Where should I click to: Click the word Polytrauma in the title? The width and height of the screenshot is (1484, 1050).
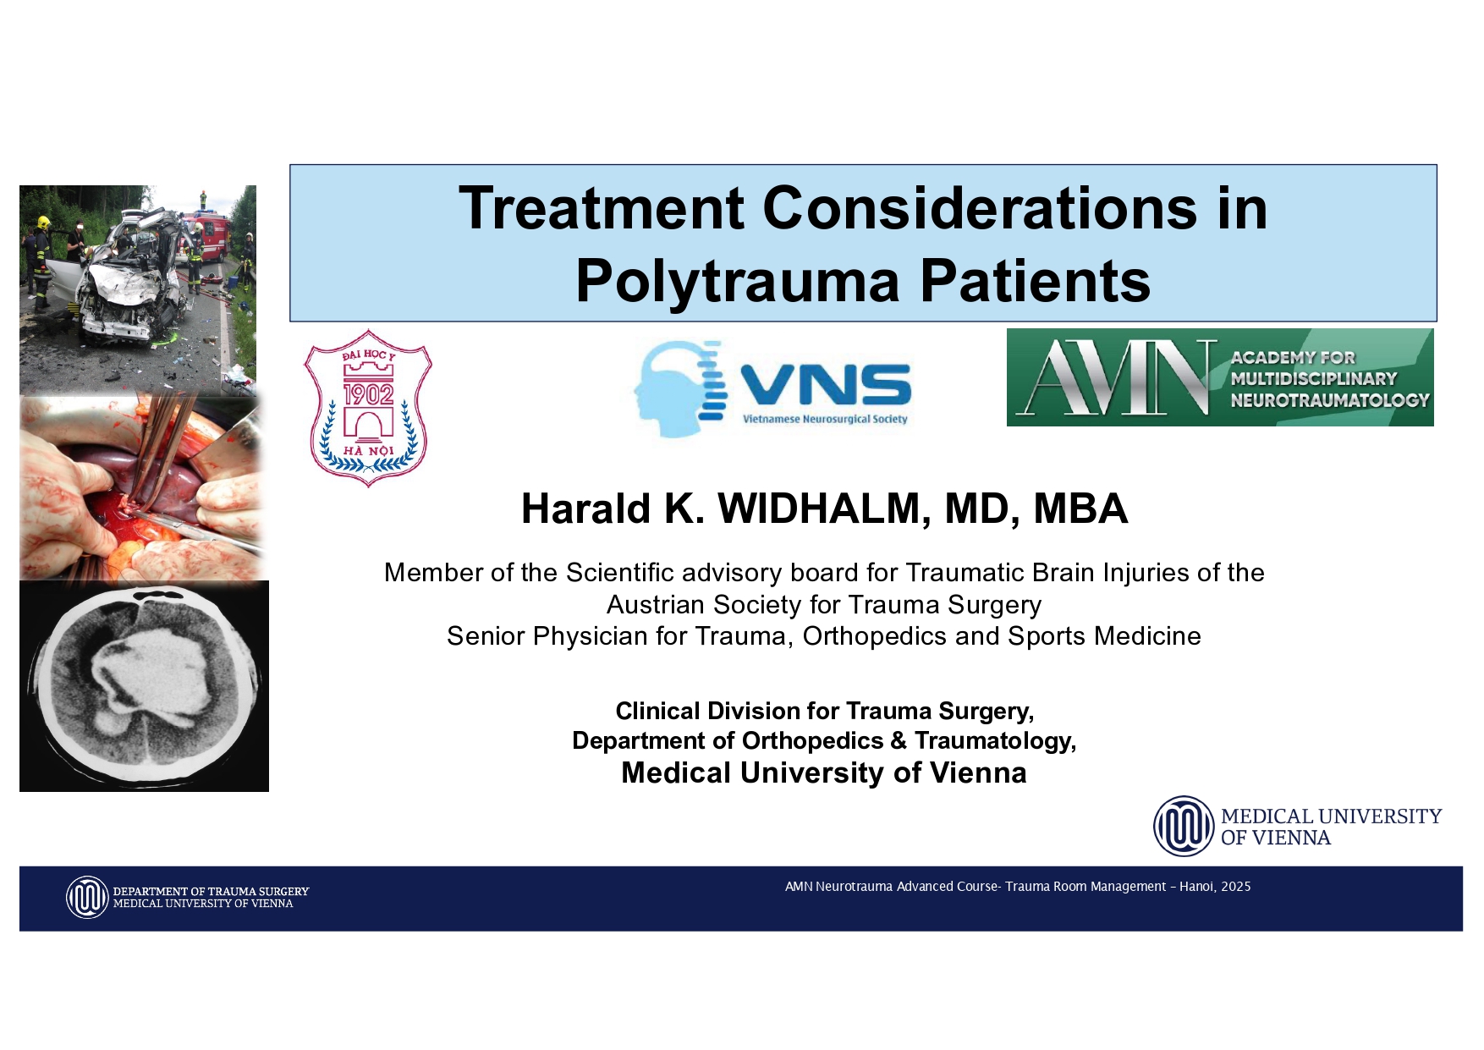pyautogui.click(x=739, y=281)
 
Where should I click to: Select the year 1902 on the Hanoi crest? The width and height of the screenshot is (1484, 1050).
pyautogui.click(x=368, y=394)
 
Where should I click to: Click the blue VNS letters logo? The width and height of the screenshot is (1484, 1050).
pyautogui.click(x=826, y=386)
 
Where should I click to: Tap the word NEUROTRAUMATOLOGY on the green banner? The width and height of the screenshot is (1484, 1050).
pyautogui.click(x=1329, y=400)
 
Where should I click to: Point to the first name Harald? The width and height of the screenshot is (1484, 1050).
pyautogui.click(x=585, y=509)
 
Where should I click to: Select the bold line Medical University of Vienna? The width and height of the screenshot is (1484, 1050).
pyautogui.click(x=823, y=773)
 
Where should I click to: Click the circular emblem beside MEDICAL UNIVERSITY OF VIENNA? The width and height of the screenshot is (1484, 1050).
pyautogui.click(x=1184, y=827)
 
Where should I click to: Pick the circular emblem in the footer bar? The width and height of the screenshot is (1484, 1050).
pyautogui.click(x=87, y=898)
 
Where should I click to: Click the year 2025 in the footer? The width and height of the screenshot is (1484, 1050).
pyautogui.click(x=1235, y=887)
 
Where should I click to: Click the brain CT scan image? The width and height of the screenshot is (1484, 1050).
pyautogui.click(x=144, y=686)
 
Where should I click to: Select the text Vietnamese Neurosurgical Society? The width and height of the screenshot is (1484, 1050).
pyautogui.click(x=825, y=420)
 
